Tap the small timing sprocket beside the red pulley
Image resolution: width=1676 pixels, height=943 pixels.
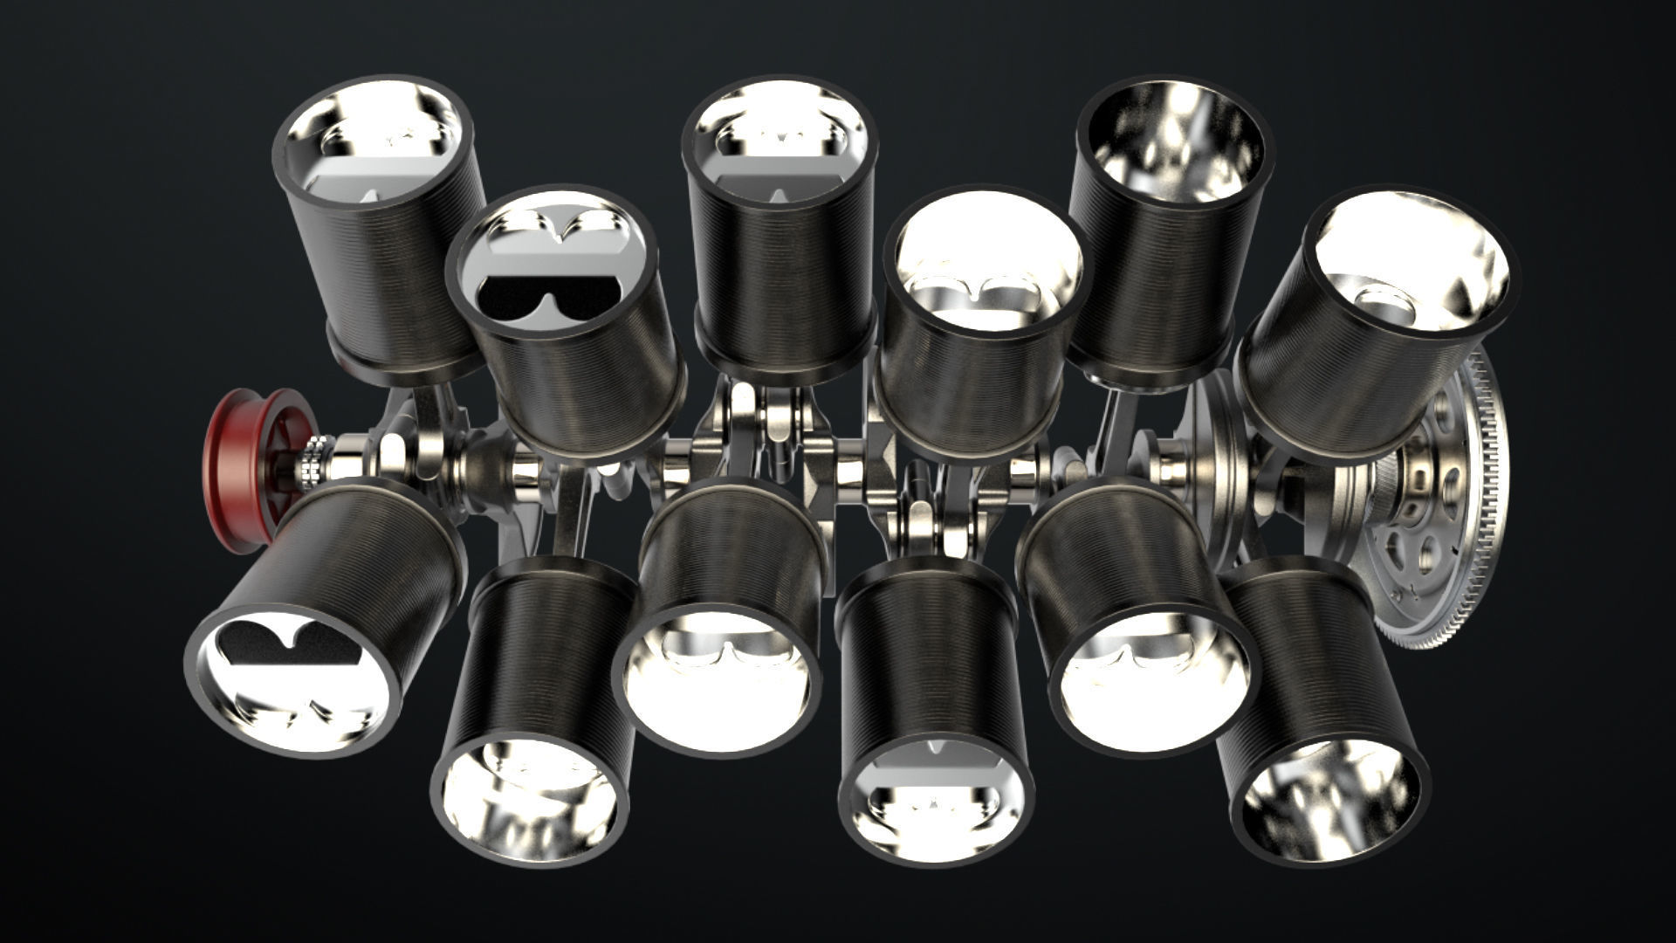[312, 461]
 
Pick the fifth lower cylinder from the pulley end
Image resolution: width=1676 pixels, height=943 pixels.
[1135, 611]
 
